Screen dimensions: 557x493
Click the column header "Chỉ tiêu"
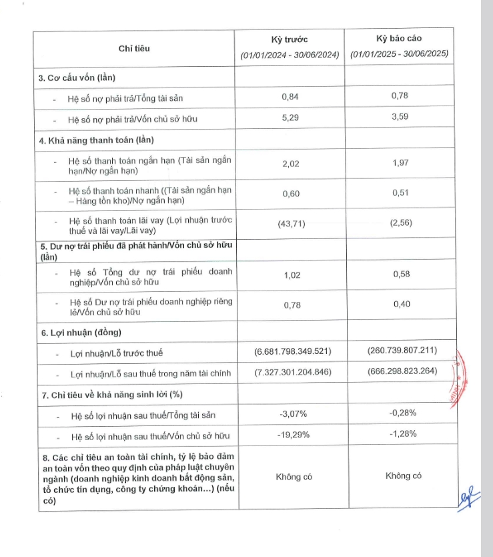pos(134,49)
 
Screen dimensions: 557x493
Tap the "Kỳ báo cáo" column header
pos(399,39)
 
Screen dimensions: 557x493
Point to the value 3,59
pos(399,120)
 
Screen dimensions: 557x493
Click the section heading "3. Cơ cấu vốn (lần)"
pos(86,78)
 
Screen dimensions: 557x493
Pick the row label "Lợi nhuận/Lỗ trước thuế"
pos(116,353)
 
